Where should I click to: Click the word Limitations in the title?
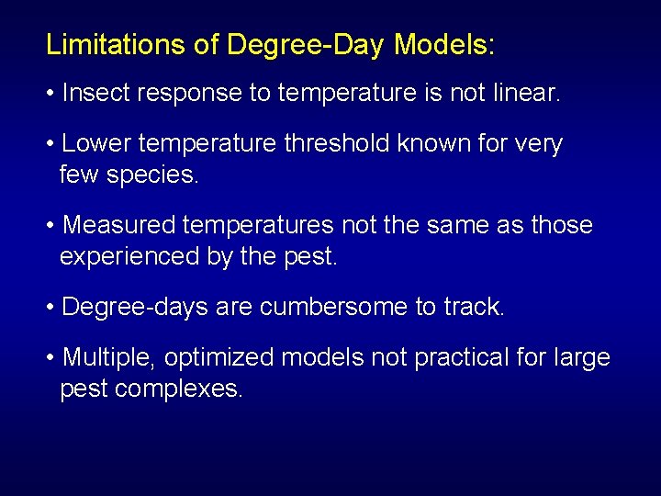116,44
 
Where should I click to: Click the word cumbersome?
334,307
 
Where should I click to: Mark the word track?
474,307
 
